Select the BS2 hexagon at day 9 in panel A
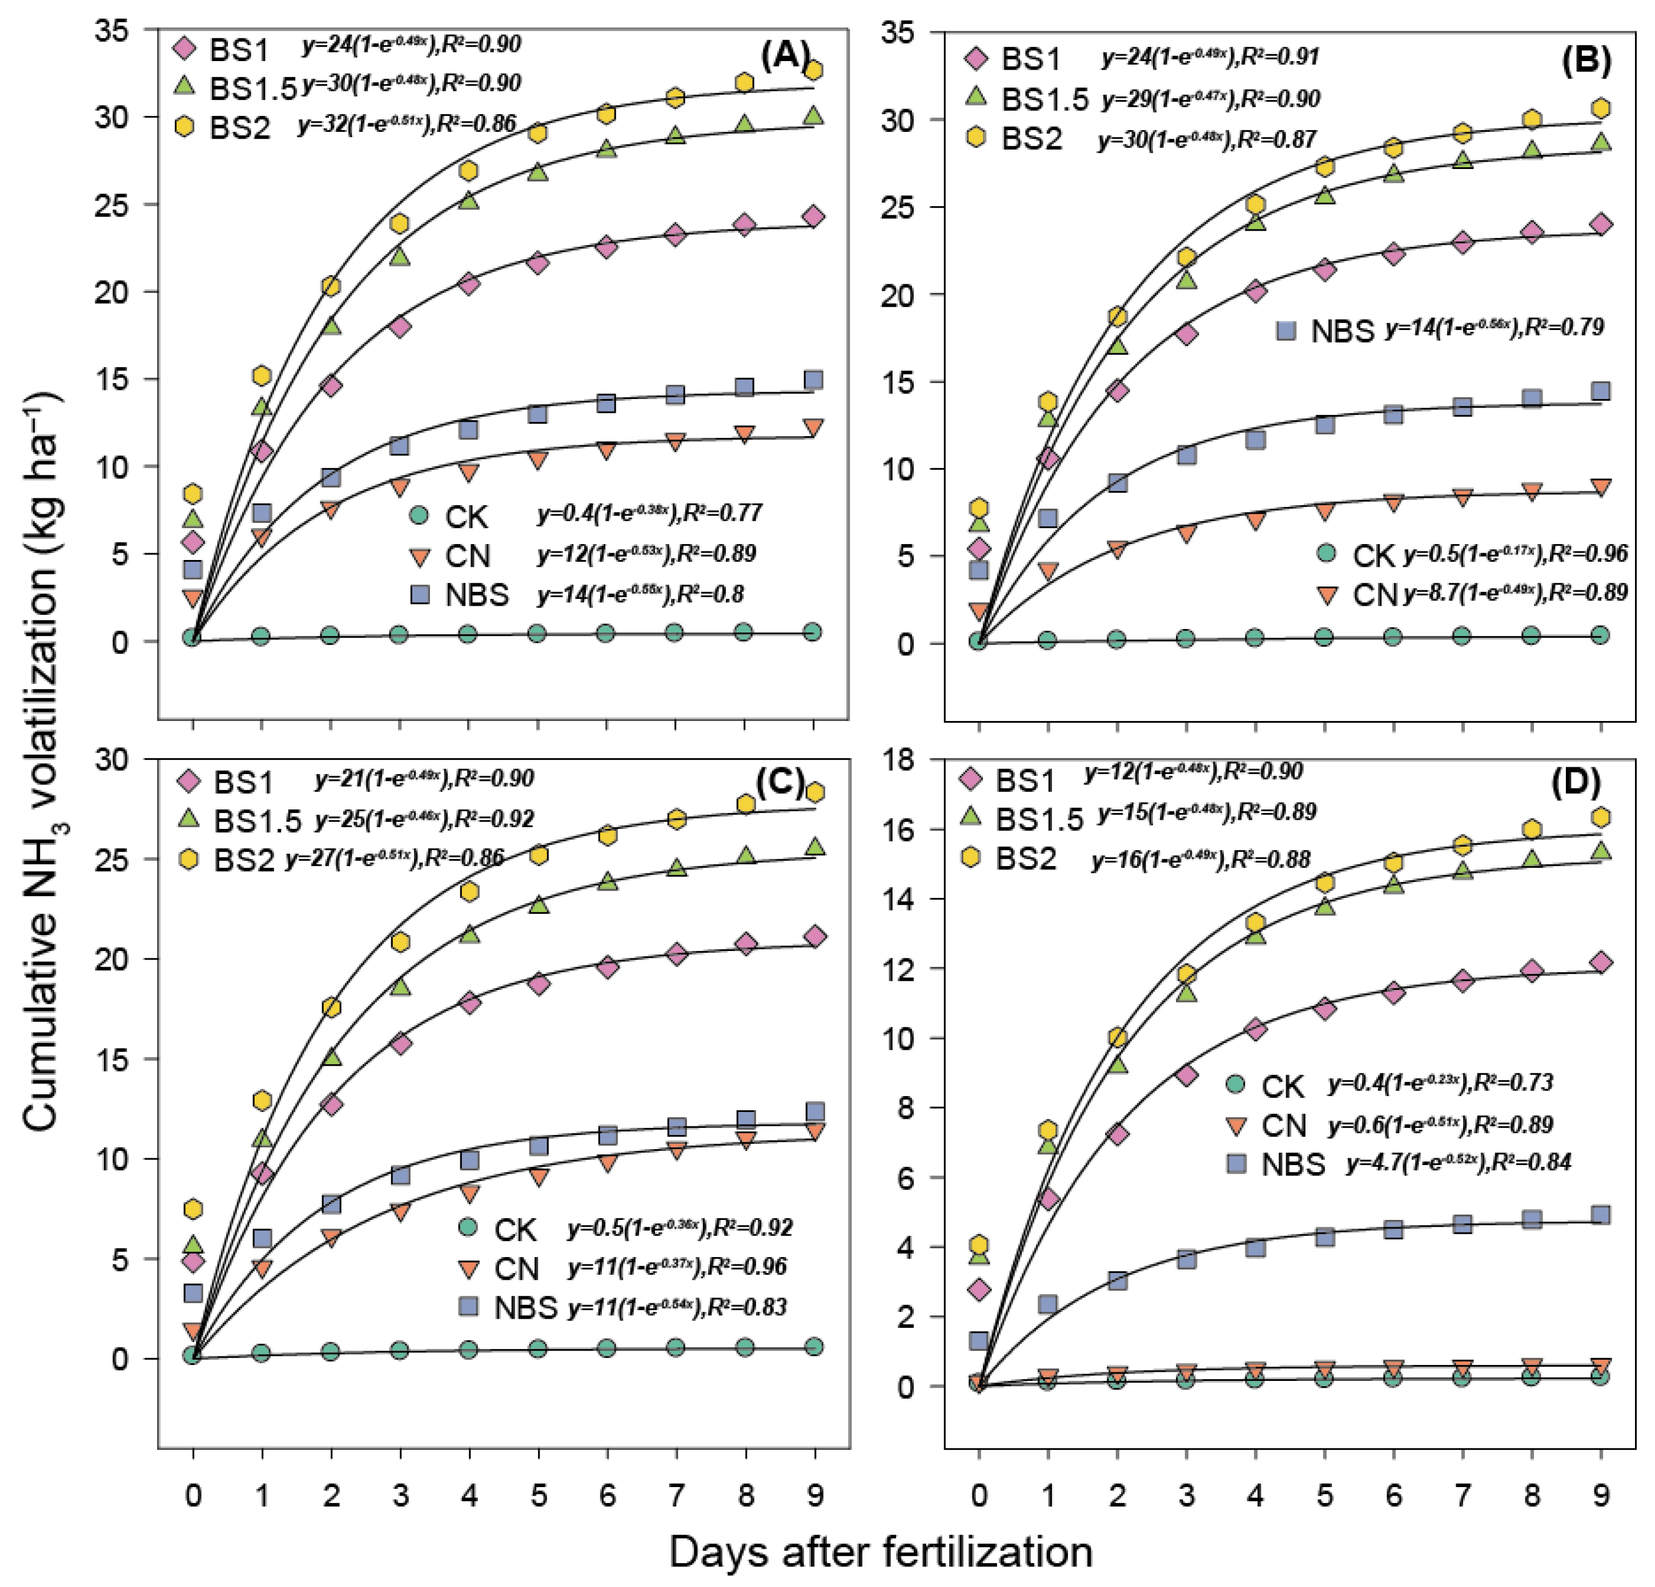(813, 70)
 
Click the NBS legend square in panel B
(1286, 330)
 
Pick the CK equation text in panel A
(649, 513)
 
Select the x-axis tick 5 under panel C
(538, 1496)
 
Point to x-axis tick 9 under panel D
(1600, 1496)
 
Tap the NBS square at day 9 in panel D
(1600, 1215)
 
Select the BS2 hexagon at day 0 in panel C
(194, 1209)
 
